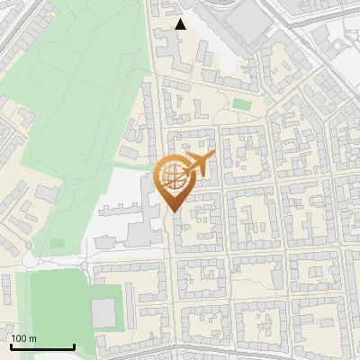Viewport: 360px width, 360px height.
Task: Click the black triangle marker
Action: [x=181, y=24]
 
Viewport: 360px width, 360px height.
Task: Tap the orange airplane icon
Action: [x=197, y=165]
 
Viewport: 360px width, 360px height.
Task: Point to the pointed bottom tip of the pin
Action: [x=174, y=212]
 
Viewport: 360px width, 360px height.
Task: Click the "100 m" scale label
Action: [x=24, y=338]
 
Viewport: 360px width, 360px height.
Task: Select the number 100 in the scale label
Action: [x=20, y=338]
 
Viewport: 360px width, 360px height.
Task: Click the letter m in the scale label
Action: [x=33, y=338]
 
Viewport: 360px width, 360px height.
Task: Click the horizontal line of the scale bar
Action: [x=41, y=347]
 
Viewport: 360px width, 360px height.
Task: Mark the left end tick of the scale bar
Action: [x=10, y=346]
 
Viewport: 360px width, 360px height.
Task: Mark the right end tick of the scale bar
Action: [x=74, y=346]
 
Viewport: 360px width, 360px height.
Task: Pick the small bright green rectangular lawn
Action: [x=240, y=103]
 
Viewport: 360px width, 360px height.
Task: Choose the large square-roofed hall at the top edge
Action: [x=242, y=20]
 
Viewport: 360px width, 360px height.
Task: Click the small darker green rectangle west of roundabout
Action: [x=58, y=243]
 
